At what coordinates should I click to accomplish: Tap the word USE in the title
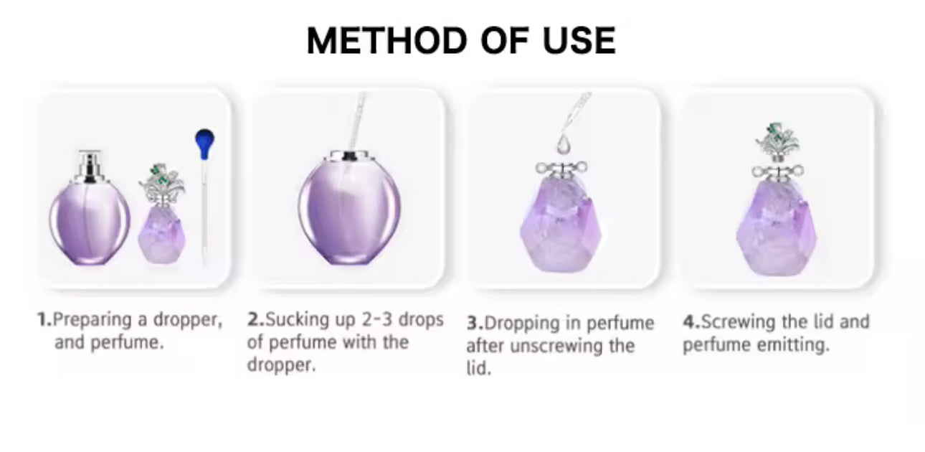(x=579, y=40)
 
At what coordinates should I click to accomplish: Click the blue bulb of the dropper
(x=205, y=143)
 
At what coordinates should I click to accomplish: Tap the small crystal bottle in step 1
(x=162, y=214)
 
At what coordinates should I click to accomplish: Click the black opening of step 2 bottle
(x=349, y=156)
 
